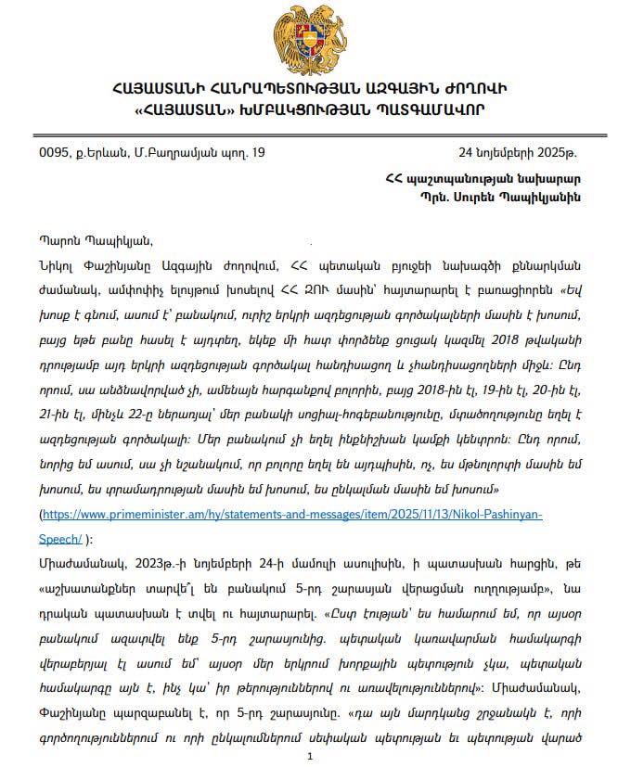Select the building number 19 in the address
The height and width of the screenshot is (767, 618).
pos(258,151)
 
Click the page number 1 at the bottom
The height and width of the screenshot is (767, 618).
pos(311,757)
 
